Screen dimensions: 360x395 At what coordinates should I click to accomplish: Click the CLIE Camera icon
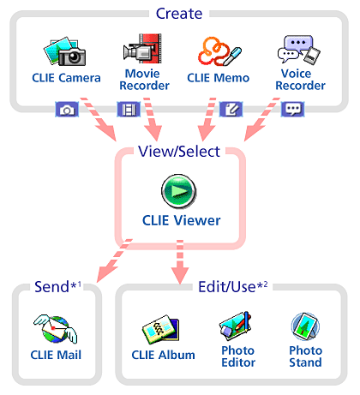(65, 51)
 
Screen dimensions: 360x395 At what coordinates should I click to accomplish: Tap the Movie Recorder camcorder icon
(142, 49)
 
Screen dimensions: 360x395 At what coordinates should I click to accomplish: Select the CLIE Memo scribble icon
(219, 51)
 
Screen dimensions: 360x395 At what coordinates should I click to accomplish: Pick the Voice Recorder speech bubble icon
(299, 50)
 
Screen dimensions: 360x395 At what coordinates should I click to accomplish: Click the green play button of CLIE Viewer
(178, 191)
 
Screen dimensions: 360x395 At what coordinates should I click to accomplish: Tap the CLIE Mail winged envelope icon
(56, 329)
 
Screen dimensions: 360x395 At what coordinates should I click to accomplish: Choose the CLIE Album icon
(161, 330)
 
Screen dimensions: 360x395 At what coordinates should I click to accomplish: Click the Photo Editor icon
(236, 326)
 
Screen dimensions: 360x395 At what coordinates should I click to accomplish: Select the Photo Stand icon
(305, 326)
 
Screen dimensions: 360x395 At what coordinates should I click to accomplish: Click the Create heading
(179, 14)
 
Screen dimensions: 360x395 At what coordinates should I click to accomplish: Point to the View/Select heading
(179, 151)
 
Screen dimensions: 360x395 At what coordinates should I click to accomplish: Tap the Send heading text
(51, 287)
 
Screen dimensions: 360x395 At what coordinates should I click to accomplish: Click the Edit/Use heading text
(227, 287)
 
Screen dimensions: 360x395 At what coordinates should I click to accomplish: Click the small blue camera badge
(67, 110)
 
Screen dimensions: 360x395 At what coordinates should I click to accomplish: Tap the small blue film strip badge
(129, 110)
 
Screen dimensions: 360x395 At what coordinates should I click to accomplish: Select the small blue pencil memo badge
(231, 110)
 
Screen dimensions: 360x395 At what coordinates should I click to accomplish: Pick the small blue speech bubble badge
(293, 110)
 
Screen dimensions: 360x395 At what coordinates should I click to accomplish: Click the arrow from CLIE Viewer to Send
(114, 260)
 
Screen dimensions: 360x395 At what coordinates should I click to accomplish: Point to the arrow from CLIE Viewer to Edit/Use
(180, 262)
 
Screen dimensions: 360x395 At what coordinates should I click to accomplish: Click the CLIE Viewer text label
(182, 220)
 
